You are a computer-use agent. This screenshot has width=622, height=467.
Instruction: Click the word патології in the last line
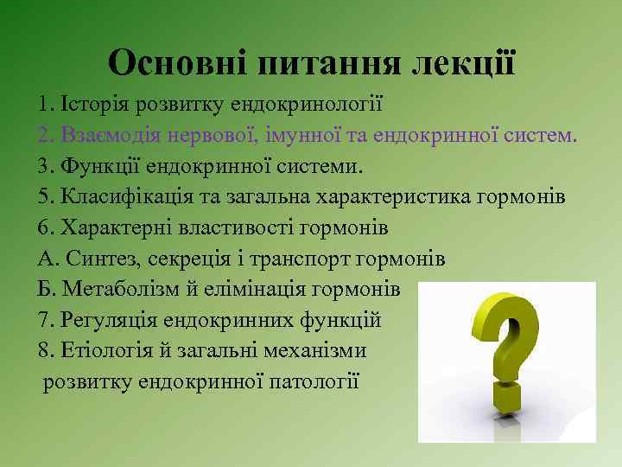(316, 381)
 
